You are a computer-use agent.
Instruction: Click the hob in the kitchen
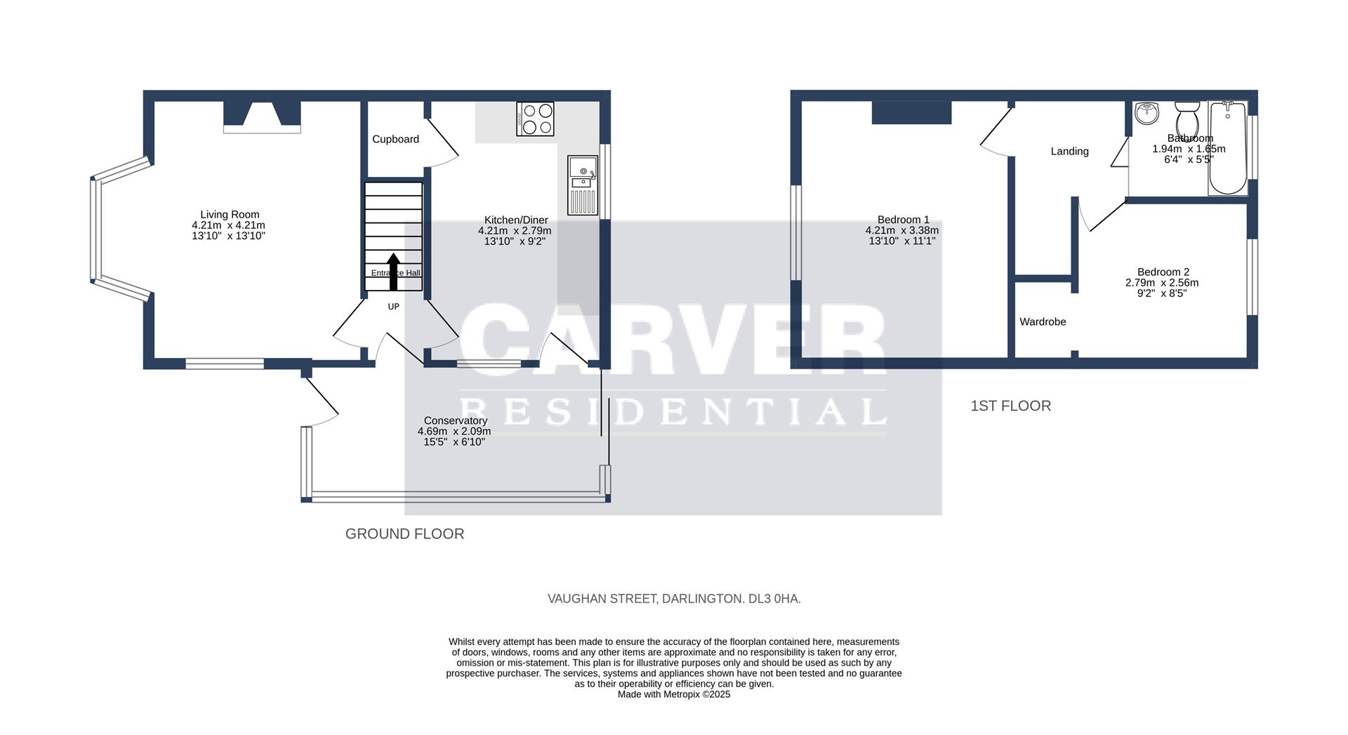(535, 119)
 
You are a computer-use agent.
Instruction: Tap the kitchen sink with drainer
(583, 186)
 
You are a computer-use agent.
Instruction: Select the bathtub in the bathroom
(1227, 147)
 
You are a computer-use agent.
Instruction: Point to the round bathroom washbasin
(1147, 112)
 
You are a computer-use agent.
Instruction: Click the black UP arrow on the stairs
(393, 271)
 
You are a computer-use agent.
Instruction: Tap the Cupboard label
(395, 139)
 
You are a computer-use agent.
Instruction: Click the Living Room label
(230, 215)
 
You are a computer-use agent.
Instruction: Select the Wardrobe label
(1043, 322)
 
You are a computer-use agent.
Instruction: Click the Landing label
(1069, 151)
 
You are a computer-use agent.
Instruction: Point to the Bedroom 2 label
(1163, 272)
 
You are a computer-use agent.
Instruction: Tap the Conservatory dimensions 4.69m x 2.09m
(454, 431)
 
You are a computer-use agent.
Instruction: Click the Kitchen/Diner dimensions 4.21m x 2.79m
(515, 230)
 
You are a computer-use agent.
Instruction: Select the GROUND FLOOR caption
(404, 534)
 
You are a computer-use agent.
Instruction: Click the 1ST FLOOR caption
(1010, 406)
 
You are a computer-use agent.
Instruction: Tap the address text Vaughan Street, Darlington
(674, 599)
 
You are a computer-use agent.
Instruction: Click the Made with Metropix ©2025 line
(674, 694)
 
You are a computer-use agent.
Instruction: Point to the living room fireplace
(262, 117)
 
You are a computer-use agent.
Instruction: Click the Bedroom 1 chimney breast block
(911, 112)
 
